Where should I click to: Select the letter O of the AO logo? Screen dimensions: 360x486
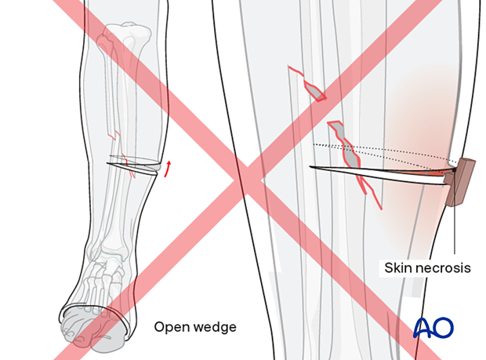click(444, 327)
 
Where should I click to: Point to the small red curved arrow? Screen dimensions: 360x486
click(168, 166)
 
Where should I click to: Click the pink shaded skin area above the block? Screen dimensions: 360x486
click(423, 118)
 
